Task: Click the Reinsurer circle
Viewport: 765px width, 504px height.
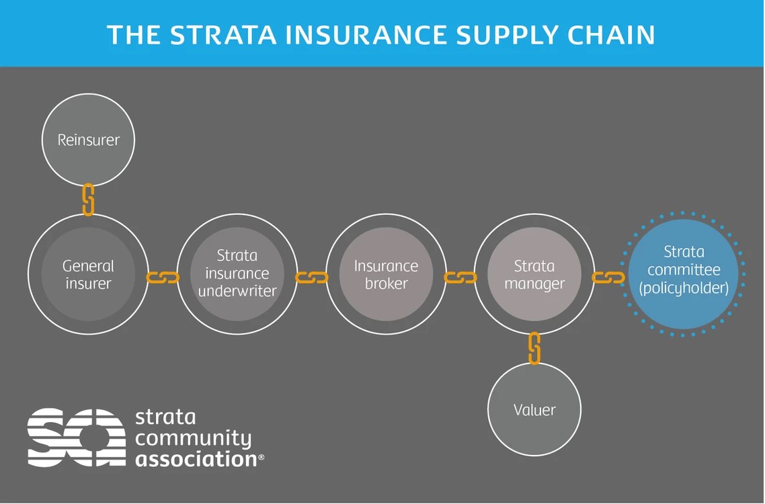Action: tap(88, 140)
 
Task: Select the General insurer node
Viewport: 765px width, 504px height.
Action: tap(88, 274)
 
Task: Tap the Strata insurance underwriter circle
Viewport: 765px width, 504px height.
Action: tap(237, 274)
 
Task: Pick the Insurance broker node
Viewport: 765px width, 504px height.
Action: tap(386, 274)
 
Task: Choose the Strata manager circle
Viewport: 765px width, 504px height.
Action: tap(534, 274)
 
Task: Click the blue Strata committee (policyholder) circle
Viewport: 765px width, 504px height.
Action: tap(684, 274)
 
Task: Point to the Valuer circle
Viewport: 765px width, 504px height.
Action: tap(534, 409)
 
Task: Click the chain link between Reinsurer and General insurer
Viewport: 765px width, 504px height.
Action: tap(88, 200)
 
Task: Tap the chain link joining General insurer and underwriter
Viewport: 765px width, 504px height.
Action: tap(163, 277)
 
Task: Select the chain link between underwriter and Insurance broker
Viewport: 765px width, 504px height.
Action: tap(312, 277)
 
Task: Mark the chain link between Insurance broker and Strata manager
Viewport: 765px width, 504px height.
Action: tap(460, 277)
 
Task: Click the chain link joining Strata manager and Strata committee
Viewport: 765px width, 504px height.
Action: tap(608, 277)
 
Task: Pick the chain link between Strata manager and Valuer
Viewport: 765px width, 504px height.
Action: tap(534, 348)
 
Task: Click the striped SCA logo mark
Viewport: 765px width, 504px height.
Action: tap(75, 437)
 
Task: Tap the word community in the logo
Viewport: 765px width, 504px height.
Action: tap(193, 438)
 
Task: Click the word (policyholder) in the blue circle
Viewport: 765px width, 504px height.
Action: tap(684, 288)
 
